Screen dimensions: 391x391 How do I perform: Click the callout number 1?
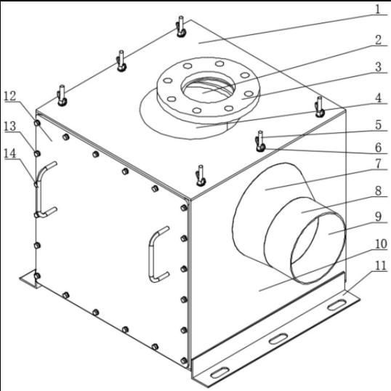click(379, 9)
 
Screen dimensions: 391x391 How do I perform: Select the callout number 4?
click(379, 97)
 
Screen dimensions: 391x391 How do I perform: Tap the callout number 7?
click(379, 164)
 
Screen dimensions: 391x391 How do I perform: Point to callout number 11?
click(381, 265)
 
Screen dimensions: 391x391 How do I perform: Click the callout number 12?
click(10, 96)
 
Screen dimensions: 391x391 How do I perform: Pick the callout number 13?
click(10, 126)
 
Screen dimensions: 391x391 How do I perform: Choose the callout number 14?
click(10, 153)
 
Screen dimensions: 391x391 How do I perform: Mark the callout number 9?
click(379, 216)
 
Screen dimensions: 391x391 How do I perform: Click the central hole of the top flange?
click(208, 89)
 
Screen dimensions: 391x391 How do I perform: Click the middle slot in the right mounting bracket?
click(278, 339)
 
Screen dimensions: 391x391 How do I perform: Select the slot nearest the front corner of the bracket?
click(220, 373)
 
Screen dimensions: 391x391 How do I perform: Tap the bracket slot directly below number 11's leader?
click(337, 305)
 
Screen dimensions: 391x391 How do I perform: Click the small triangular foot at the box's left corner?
click(28, 279)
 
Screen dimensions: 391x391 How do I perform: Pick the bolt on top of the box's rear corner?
click(181, 27)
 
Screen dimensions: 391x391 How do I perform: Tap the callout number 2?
click(379, 40)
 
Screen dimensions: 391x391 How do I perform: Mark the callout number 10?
click(381, 243)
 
